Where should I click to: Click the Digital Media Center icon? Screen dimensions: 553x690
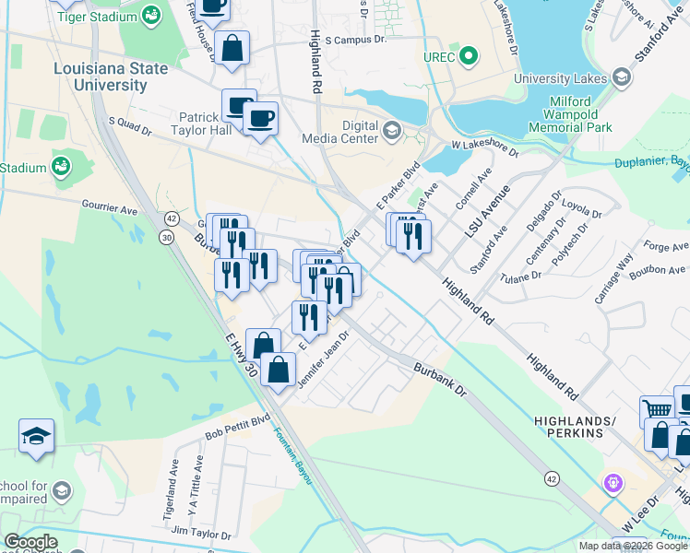(x=391, y=130)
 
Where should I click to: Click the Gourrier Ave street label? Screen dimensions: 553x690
(x=109, y=211)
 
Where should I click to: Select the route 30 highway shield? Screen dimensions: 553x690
(x=166, y=237)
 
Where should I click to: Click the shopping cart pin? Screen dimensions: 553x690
(x=657, y=409)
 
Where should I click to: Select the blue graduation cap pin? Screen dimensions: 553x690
(x=36, y=436)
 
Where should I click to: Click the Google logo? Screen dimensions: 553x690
(x=30, y=542)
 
